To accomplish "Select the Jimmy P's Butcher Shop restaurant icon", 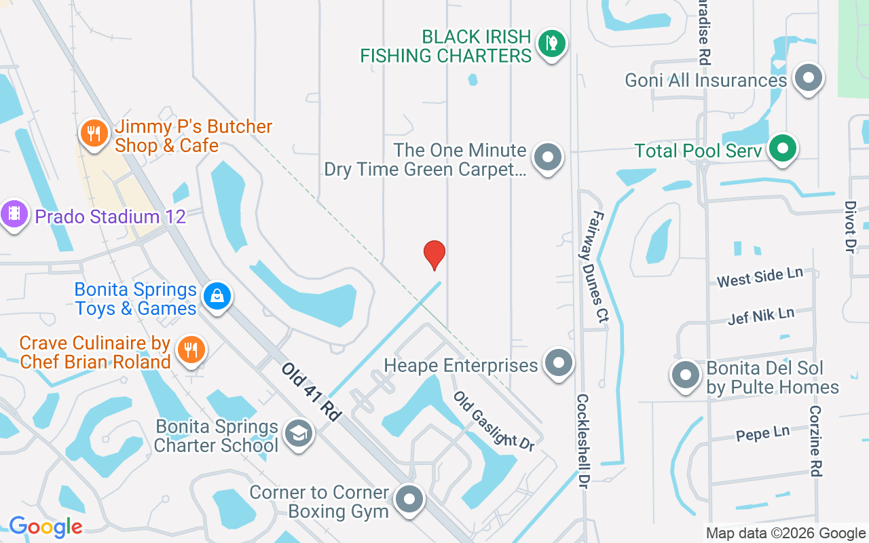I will point(94,134).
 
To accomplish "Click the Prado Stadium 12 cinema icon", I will point(14,215).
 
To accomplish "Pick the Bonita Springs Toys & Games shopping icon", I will point(217,297).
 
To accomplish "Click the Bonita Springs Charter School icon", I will point(297,434).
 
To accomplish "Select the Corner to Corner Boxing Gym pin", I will point(409,500).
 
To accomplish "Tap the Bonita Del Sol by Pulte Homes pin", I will point(685,375).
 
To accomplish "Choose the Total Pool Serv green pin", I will point(783,149).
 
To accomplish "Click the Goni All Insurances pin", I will point(808,78).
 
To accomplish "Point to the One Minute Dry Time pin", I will point(548,157).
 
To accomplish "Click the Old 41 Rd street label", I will point(311,392).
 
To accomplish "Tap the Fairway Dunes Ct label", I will point(598,265).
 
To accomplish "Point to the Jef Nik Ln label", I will point(760,316).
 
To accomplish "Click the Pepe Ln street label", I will point(762,434).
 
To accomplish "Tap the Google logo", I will point(45,526).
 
